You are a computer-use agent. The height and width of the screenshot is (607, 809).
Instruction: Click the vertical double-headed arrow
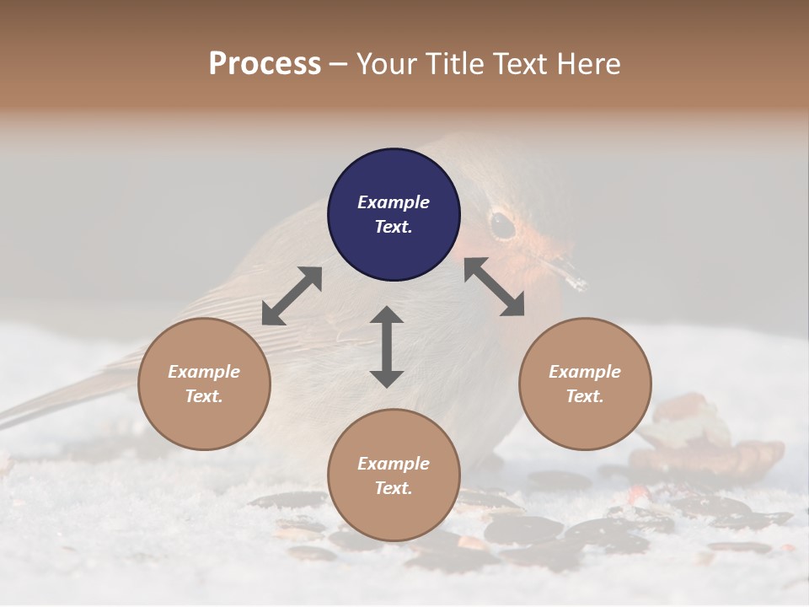point(387,346)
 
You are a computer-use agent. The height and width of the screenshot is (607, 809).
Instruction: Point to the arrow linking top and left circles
point(292,296)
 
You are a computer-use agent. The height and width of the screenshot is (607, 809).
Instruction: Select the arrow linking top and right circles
point(494,287)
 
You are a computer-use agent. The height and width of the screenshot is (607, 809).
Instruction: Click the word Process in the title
point(265,63)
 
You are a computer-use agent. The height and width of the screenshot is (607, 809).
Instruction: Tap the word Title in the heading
point(456,63)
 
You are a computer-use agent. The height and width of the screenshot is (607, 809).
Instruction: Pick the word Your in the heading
point(386,63)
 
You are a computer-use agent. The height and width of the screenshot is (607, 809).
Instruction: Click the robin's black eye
point(502,223)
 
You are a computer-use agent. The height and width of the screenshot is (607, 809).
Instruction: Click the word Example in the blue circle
point(394,202)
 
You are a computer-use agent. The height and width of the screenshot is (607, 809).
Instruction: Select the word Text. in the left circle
point(204,396)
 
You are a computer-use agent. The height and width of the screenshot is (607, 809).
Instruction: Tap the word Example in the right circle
point(585,372)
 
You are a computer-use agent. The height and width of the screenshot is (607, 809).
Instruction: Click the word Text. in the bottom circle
point(394,488)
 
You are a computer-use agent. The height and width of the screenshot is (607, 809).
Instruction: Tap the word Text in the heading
point(520,63)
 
